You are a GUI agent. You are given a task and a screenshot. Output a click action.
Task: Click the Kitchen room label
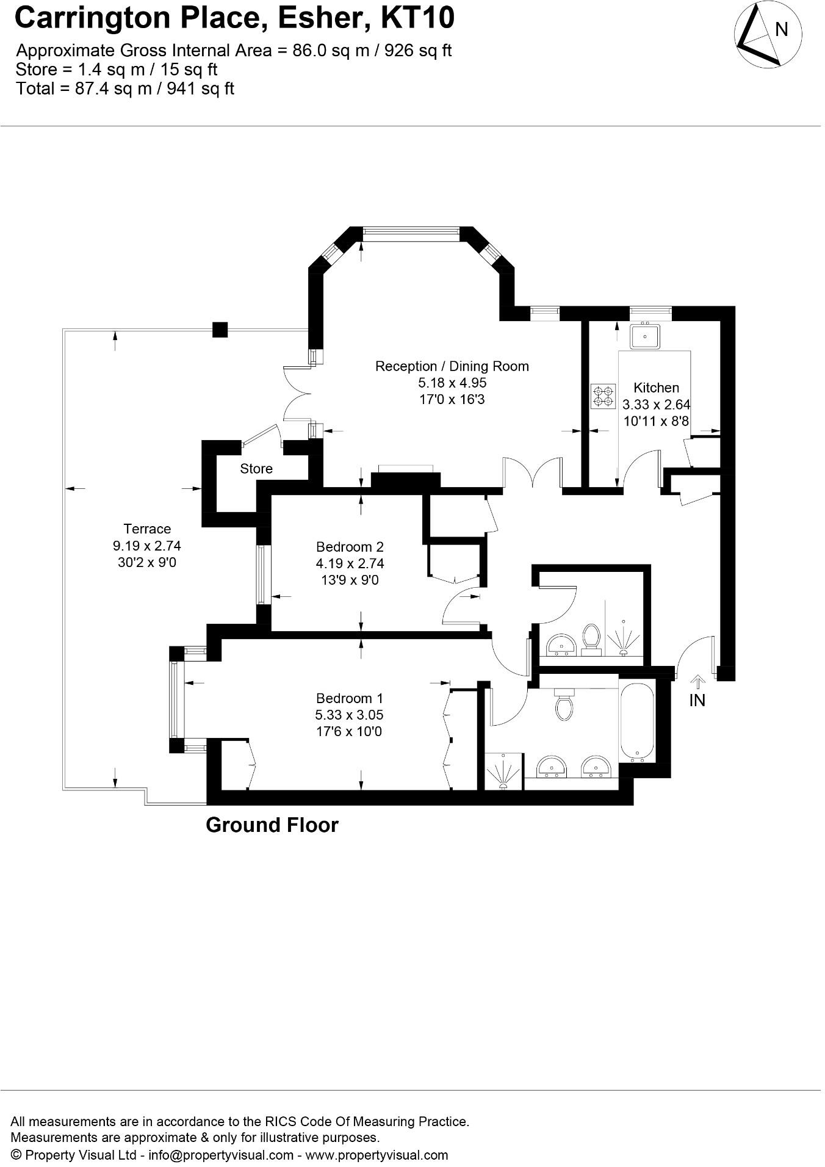pos(656,388)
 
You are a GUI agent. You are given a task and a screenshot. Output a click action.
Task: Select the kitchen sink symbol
pos(644,336)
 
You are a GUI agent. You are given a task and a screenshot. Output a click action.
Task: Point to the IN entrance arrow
pos(697,682)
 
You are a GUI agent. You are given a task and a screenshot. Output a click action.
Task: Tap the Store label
pos(256,469)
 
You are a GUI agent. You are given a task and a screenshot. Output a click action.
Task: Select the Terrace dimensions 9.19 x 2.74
pos(146,546)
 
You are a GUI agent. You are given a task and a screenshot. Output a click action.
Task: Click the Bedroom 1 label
pos(349,698)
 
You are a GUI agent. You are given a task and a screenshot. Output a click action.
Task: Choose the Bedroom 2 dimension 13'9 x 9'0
pos(350,580)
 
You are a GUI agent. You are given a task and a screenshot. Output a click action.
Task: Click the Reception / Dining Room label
pos(452,366)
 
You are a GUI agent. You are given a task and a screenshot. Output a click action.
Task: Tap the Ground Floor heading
pos(272,825)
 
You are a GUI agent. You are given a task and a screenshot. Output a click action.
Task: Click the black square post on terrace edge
pos(220,330)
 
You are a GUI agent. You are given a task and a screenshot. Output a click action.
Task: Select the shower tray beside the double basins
pos(505,772)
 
